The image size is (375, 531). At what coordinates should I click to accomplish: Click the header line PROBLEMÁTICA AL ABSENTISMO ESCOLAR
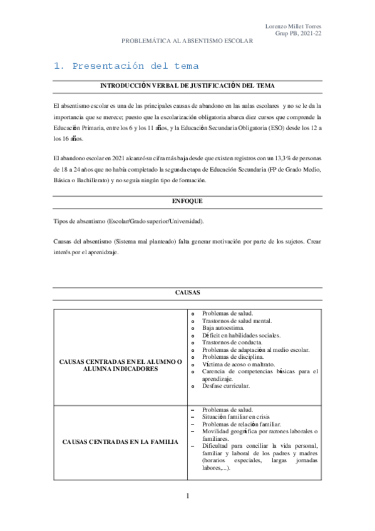click(187, 41)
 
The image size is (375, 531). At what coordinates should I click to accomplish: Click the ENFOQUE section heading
click(187, 201)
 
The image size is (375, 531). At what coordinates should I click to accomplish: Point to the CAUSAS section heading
click(187, 292)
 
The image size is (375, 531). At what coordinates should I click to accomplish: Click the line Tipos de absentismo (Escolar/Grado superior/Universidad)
click(128, 222)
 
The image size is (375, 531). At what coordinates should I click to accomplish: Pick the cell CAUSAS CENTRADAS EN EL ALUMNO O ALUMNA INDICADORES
click(120, 365)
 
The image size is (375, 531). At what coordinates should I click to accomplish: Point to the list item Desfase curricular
click(226, 386)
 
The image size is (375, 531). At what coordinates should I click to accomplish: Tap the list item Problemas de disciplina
click(233, 357)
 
